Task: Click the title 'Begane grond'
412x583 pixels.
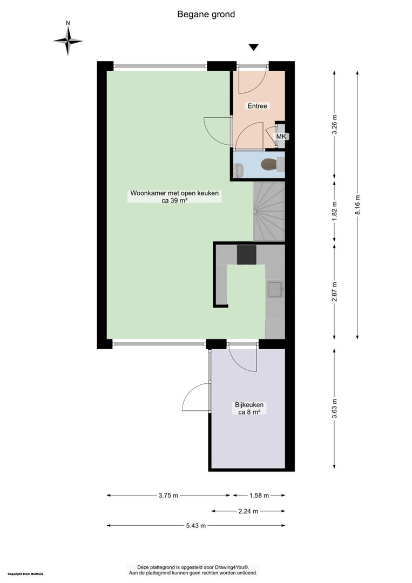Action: tap(206, 15)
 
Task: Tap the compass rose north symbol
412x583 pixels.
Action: tap(67, 41)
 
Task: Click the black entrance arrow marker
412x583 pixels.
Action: tap(254, 47)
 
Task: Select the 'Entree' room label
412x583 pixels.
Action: tap(258, 106)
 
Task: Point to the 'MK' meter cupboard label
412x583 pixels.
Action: tap(281, 137)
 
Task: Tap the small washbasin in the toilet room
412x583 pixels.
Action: tap(239, 171)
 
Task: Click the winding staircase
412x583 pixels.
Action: tap(269, 211)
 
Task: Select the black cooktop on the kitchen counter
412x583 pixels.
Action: tap(247, 255)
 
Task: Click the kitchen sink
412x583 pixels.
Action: tap(275, 289)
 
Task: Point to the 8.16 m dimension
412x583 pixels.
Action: tap(357, 205)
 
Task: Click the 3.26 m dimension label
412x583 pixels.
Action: tap(334, 124)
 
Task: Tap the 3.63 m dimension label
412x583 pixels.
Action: tap(334, 408)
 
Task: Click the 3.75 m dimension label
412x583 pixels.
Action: tap(168, 495)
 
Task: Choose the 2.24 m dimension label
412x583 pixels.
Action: tap(248, 511)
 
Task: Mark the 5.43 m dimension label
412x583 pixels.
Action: tap(195, 526)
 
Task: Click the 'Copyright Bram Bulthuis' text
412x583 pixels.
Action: tap(25, 574)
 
